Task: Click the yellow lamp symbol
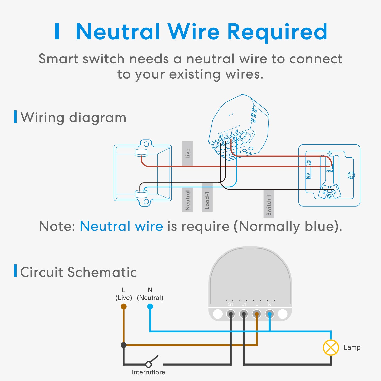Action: [x=331, y=347]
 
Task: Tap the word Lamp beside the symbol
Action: [x=352, y=347]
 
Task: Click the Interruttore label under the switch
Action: [x=148, y=372]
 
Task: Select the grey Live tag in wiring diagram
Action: [x=187, y=153]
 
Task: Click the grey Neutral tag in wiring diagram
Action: [x=187, y=200]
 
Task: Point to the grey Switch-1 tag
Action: [x=269, y=204]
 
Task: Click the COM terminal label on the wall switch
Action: [x=329, y=171]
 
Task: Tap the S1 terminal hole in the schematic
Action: [x=231, y=314]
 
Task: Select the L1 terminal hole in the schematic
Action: [x=244, y=314]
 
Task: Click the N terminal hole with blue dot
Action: [x=269, y=314]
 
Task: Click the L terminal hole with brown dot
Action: [x=257, y=314]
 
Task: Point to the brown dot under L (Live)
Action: [x=124, y=307]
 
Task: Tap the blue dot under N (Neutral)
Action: [x=150, y=307]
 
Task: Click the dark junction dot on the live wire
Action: [x=124, y=345]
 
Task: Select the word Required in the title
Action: [x=277, y=32]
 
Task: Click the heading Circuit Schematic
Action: [x=78, y=272]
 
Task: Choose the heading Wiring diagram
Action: [x=73, y=117]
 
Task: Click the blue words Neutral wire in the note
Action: [x=121, y=226]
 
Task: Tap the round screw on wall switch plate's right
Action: [x=351, y=175]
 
